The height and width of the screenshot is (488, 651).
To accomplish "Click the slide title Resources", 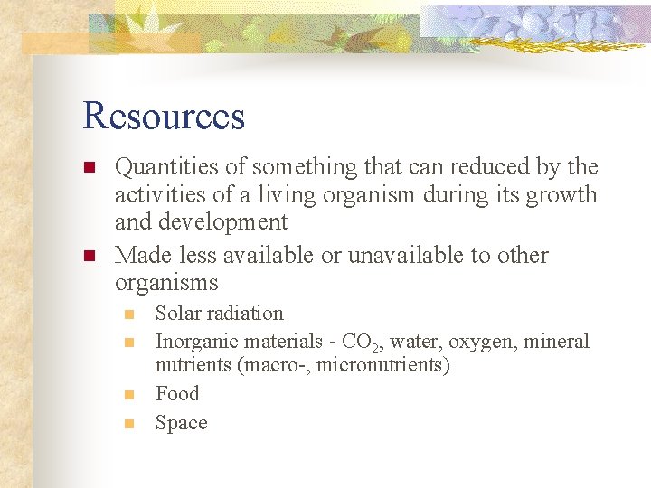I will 164,116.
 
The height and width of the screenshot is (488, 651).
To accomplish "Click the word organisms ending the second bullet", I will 166,283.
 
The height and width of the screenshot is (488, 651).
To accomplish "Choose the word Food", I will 177,394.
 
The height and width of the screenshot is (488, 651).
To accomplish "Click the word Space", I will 181,423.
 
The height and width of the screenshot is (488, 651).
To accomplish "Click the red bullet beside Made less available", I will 89,256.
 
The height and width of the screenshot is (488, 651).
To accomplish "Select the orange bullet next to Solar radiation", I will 129,314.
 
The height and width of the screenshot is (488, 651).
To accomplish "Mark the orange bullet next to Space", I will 129,423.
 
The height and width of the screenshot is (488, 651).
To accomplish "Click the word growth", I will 564,195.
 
